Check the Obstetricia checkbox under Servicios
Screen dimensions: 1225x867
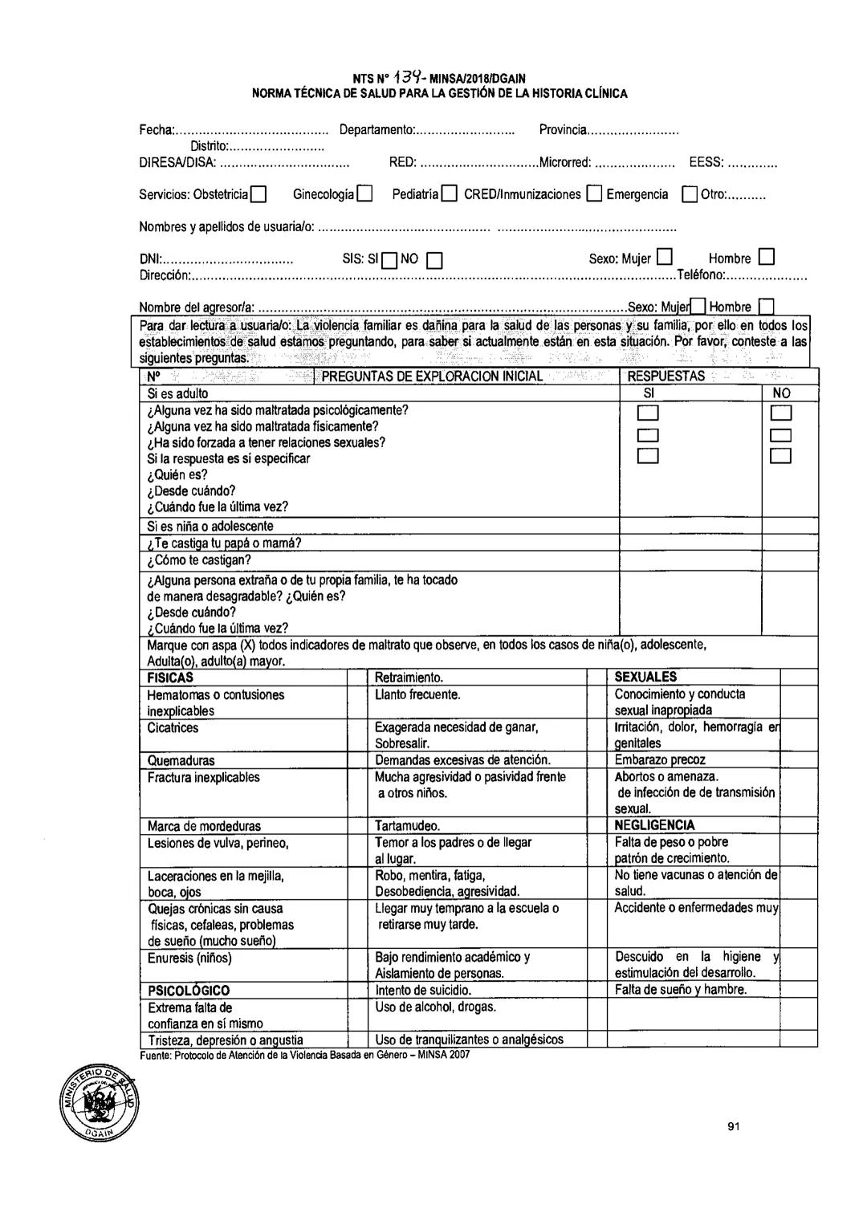click(258, 195)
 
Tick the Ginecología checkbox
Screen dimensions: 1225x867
click(365, 195)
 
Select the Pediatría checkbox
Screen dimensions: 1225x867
click(449, 195)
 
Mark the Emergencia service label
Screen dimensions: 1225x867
click(637, 194)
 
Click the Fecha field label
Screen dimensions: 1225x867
click(157, 130)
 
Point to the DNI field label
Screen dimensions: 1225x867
click(151, 258)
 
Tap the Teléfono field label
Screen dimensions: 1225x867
click(701, 275)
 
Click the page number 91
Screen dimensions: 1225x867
click(733, 1126)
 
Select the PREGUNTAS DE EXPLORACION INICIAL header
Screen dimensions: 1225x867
click(432, 376)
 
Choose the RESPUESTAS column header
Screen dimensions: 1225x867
click(666, 376)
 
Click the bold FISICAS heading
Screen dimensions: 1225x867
click(170, 678)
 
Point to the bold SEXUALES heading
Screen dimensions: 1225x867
click(645, 678)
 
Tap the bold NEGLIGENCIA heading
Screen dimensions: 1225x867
click(654, 825)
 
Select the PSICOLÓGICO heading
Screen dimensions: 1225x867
click(188, 991)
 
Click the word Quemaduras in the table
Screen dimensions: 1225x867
click(181, 760)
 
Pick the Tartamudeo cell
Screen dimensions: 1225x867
click(407, 826)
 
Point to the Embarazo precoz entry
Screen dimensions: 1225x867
click(660, 760)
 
